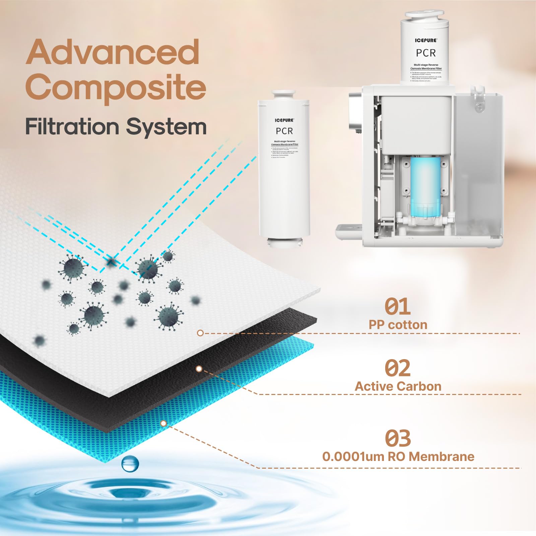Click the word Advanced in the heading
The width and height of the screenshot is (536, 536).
click(113, 52)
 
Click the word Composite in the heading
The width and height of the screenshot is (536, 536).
click(116, 86)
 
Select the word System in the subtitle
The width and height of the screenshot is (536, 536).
click(166, 127)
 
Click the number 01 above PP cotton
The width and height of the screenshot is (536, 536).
click(397, 307)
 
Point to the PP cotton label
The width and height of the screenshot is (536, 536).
click(398, 325)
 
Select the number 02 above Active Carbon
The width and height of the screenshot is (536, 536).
click(397, 368)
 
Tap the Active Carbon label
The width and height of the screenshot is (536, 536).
click(398, 386)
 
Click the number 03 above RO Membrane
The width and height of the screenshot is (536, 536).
click(398, 438)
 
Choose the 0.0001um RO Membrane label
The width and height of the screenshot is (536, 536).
click(398, 456)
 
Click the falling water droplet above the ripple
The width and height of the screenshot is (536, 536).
click(130, 463)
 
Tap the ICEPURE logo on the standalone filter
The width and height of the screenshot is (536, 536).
click(284, 120)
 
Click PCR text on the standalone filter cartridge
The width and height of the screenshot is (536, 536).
click(284, 131)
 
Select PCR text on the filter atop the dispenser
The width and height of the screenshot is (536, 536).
click(426, 53)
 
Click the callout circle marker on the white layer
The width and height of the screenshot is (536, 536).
click(200, 333)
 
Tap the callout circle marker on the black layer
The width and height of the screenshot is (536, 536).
click(199, 369)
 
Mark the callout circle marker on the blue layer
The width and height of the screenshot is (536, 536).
click(163, 423)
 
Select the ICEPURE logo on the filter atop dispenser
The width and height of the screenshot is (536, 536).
click(426, 41)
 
